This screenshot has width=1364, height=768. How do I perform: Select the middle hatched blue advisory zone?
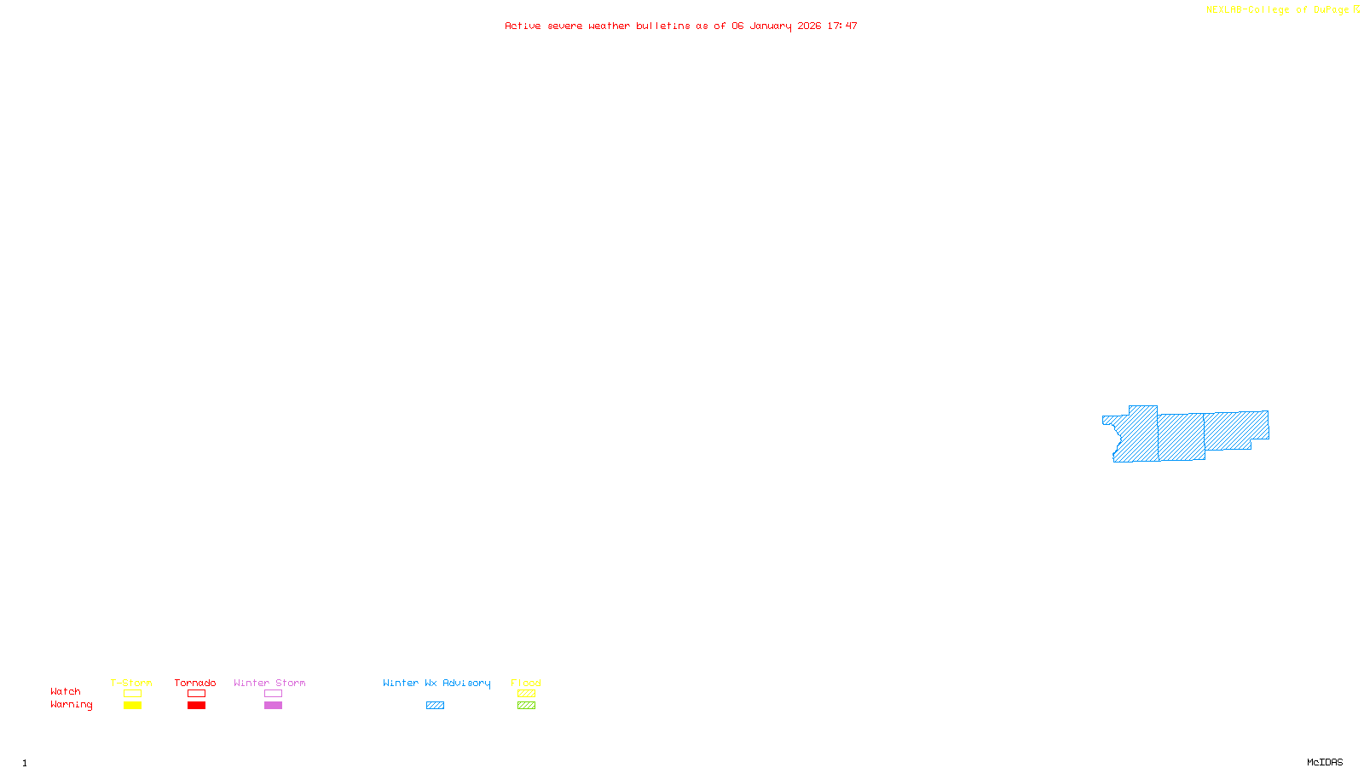tap(1182, 437)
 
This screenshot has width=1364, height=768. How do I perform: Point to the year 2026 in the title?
tap(809, 26)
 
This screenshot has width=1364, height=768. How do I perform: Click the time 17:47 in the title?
tap(842, 26)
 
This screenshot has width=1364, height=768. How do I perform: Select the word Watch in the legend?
tap(66, 691)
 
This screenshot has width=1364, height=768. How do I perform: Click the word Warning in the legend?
tap(71, 705)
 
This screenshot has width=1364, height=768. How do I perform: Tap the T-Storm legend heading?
tap(131, 683)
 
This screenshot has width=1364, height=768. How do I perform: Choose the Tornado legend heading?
tap(195, 683)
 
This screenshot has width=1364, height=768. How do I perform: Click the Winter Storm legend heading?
tap(269, 683)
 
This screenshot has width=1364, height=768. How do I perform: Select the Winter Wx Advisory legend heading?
tap(436, 683)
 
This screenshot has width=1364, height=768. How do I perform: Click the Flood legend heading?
tap(526, 683)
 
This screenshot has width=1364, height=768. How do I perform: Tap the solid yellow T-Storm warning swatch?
tap(132, 706)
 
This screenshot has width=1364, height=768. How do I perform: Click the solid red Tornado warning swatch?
tap(196, 706)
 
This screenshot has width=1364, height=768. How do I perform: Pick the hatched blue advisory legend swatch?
tap(435, 706)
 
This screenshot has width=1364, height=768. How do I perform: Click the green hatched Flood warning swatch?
tap(526, 706)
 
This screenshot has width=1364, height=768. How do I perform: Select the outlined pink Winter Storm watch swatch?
tap(273, 694)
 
